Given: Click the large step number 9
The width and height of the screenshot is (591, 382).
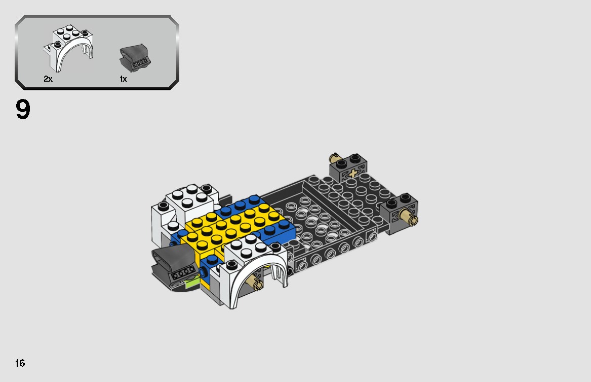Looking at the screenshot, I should tap(23, 110).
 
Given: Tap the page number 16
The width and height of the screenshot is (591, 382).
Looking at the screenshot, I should tap(20, 363).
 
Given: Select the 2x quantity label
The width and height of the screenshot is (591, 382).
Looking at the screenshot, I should tap(48, 79).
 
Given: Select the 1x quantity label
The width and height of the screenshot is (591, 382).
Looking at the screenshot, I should tap(123, 79).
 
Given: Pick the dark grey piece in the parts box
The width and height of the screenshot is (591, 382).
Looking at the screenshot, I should tap(133, 57).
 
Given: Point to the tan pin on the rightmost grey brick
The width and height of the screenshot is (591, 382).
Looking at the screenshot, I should tap(408, 219).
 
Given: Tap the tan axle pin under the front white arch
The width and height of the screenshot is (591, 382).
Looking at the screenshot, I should tap(257, 284).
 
